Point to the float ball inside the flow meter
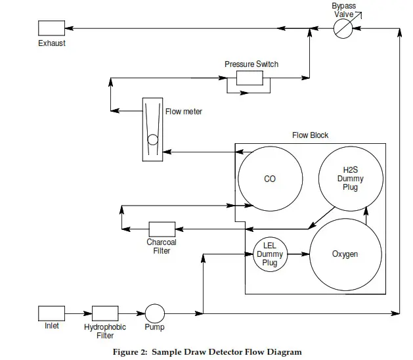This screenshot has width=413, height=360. (153, 140)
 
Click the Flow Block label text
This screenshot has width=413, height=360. (311, 135)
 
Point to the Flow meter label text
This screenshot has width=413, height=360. (184, 112)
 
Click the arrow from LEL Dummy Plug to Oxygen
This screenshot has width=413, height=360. (299, 254)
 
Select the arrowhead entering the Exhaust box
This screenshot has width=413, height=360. (69, 28)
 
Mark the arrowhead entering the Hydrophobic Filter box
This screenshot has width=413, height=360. (88, 313)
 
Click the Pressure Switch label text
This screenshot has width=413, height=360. (251, 64)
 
